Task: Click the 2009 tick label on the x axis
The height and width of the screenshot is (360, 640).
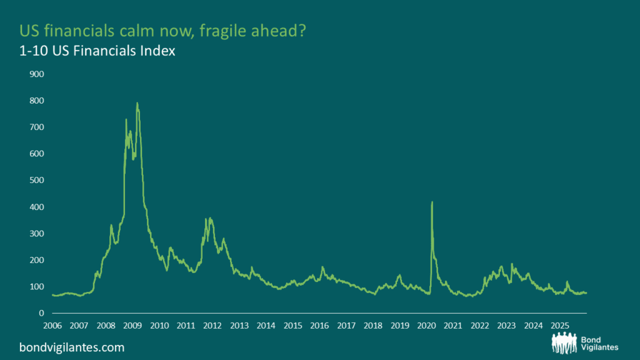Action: coord(132,326)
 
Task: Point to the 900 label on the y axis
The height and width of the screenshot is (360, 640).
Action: coord(36,74)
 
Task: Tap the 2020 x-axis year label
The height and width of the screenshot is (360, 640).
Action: coord(426,326)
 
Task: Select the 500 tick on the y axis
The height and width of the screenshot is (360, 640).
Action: coord(36,180)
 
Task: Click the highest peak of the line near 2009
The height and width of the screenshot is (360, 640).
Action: coord(137,103)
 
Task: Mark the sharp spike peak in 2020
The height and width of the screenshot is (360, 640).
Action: coord(432,202)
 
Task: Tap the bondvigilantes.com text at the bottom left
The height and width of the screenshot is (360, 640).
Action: coord(72,347)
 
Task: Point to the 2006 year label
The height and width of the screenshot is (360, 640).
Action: coord(52,326)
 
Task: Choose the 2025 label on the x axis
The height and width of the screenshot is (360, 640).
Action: coord(559,326)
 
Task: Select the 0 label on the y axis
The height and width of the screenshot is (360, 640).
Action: coord(41,313)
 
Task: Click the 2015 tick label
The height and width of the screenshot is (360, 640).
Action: coord(292,326)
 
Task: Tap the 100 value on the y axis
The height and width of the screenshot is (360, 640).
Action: coord(36,286)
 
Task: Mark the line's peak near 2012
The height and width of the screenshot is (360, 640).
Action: coord(211,218)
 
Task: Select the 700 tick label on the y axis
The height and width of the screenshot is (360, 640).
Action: coord(36,127)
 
